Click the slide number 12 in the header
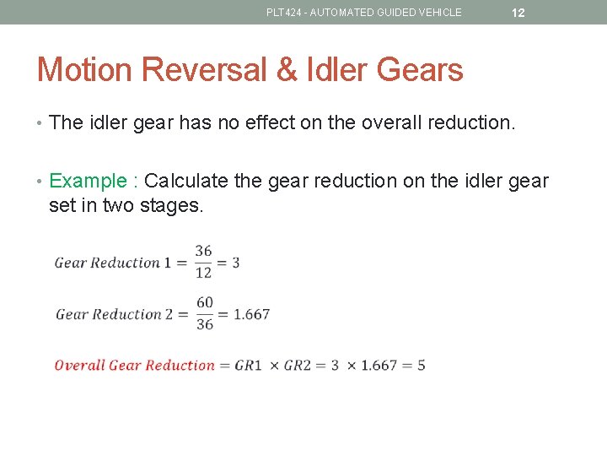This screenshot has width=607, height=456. pos(518,13)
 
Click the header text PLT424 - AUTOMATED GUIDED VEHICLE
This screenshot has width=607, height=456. pos(364,13)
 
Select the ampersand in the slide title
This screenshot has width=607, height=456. pos(287,69)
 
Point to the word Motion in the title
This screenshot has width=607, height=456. pos(84,69)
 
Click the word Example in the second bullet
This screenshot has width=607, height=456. pos(89,181)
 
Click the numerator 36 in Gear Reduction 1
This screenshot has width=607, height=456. pos(203,251)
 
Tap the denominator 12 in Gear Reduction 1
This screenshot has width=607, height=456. pos(203,273)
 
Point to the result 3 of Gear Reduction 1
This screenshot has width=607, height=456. pos(236,263)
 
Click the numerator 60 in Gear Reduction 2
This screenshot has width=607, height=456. pos(204,302)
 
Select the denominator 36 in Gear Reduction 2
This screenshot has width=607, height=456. pos(204,324)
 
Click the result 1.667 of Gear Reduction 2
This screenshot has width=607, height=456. pos(251,314)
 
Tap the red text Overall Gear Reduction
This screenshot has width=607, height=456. pos(135,366)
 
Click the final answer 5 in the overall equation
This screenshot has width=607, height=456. pos(421,366)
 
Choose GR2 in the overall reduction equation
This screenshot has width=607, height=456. pos(298,366)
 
